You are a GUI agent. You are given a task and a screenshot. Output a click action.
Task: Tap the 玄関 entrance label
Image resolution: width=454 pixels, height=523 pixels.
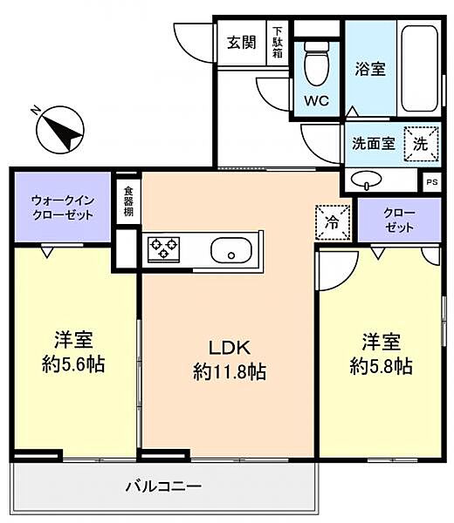point(242,42)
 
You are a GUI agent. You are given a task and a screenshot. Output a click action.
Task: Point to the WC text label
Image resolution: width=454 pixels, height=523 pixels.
point(315,99)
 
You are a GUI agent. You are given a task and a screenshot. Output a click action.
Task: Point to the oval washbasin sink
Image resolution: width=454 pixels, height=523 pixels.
point(365,180)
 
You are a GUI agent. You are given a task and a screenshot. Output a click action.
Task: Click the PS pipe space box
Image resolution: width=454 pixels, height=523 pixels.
point(431,181)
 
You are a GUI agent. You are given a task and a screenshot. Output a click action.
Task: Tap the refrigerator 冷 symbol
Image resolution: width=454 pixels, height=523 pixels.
point(332,221)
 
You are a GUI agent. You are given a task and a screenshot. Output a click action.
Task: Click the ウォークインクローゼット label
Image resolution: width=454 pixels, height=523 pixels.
point(61,207)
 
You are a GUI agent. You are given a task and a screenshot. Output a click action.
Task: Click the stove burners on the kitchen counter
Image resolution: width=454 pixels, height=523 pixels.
point(163,248)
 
